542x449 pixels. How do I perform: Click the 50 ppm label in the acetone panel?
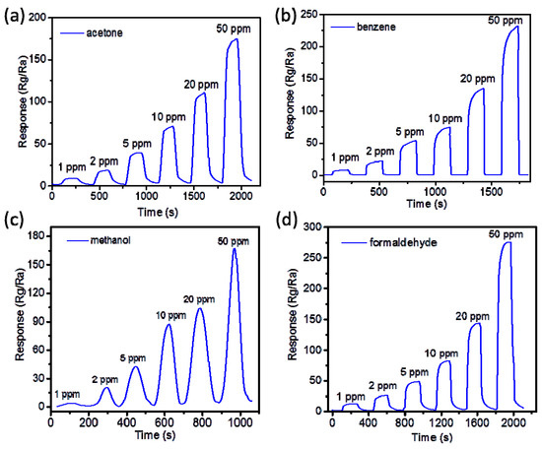point(230,29)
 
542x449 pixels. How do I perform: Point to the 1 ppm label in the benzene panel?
point(346,157)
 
